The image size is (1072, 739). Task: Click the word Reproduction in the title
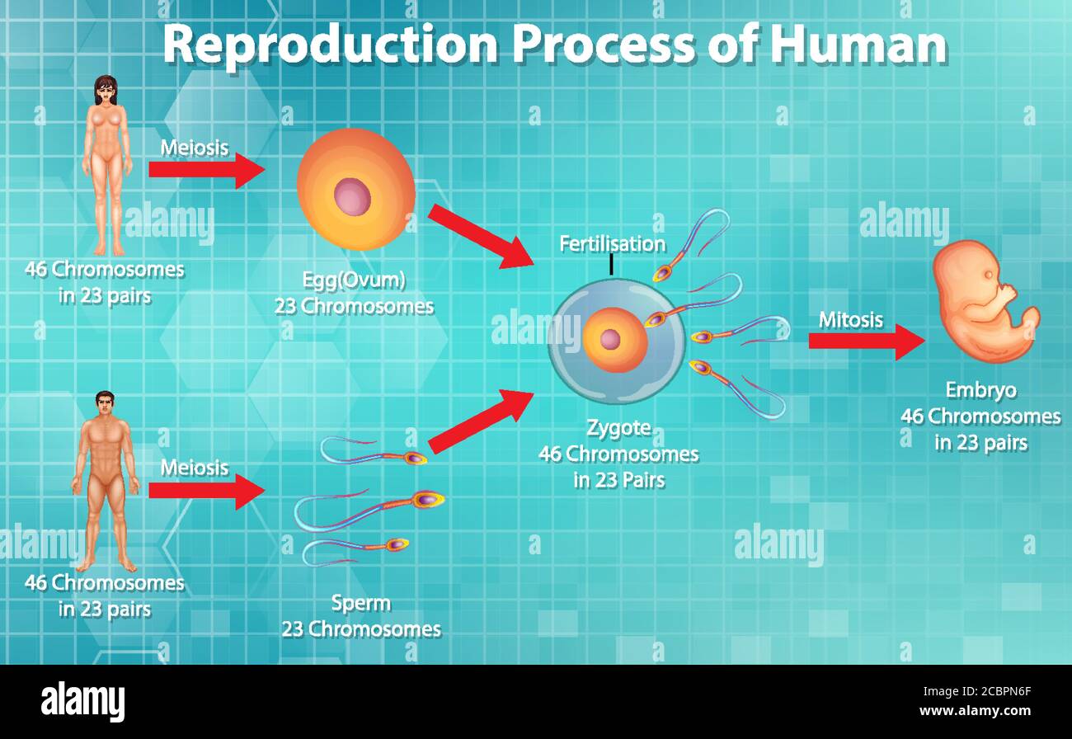(330, 45)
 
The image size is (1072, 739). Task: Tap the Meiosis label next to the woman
(195, 148)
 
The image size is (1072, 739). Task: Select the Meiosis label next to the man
(195, 468)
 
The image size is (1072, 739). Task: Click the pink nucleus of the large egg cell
(353, 197)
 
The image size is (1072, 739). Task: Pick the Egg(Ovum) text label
(354, 280)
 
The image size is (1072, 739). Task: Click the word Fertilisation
(612, 243)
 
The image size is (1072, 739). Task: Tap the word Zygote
(618, 427)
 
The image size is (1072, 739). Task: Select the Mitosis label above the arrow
(851, 319)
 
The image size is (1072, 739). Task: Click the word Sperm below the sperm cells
(360, 603)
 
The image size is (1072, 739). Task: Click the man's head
(105, 404)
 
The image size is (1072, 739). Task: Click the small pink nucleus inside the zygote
(610, 339)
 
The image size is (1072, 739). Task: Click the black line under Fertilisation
(611, 264)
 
